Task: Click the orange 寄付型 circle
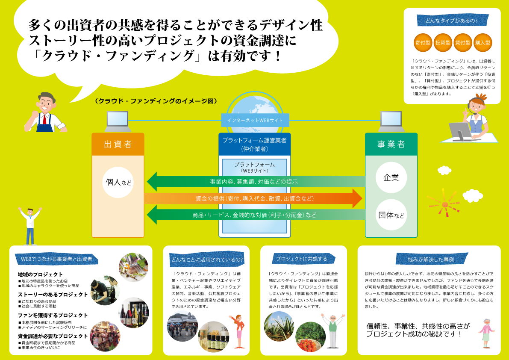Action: point(423,43)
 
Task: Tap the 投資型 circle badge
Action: point(443,43)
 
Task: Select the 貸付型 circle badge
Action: point(462,43)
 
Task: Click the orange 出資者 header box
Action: point(118,144)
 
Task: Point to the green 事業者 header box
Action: point(391,144)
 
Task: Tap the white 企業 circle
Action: point(391,177)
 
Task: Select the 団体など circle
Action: point(391,215)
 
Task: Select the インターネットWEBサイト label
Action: point(255,120)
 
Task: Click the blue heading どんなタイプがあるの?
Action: point(452,20)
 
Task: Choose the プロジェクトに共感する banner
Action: point(302,259)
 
